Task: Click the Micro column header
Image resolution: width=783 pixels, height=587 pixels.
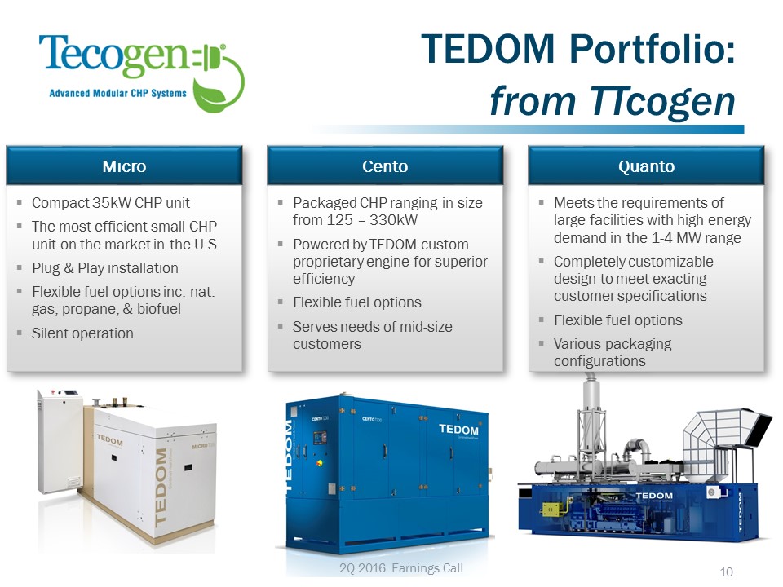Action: click(124, 166)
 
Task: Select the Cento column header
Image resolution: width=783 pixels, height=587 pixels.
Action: click(385, 166)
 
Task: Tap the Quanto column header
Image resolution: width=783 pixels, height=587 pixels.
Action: click(646, 166)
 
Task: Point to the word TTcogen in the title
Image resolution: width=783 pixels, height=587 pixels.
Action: click(662, 101)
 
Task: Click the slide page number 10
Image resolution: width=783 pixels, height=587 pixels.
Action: click(726, 572)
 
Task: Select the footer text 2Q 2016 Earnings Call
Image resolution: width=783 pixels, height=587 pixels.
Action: click(401, 568)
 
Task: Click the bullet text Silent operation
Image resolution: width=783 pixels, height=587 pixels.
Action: click(82, 333)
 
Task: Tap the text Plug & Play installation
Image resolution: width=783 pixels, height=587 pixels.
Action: click(105, 268)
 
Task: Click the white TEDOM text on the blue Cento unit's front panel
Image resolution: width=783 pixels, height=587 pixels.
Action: click(458, 430)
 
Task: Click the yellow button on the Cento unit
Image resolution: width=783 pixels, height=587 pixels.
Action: click(319, 463)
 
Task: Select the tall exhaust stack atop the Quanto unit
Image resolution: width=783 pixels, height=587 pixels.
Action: click(591, 419)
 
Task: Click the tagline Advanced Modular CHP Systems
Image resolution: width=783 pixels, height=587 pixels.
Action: click(117, 93)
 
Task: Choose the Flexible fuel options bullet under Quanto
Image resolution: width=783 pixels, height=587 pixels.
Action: click(617, 320)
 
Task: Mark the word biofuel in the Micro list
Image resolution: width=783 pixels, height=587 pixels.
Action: click(159, 309)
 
